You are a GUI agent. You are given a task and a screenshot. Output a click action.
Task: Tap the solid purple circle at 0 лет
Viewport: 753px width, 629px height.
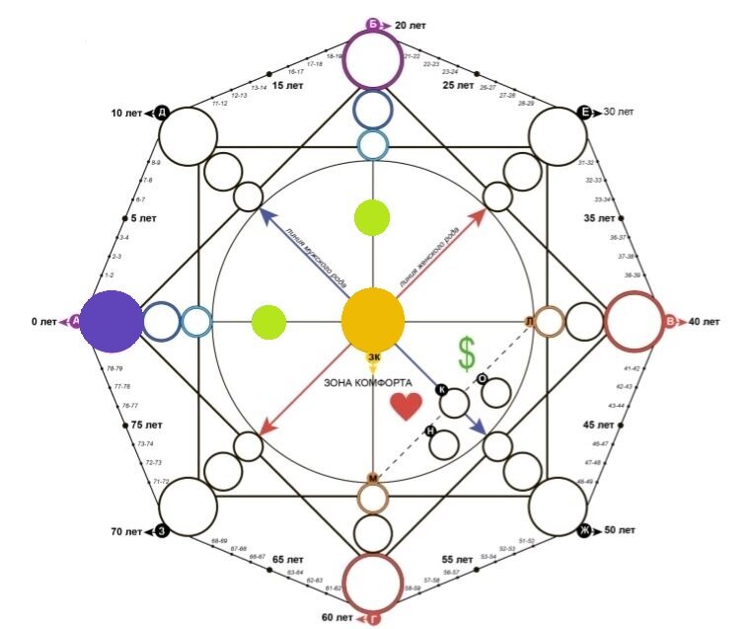[111, 322]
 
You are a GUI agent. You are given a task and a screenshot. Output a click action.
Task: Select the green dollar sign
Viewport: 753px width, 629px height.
[466, 353]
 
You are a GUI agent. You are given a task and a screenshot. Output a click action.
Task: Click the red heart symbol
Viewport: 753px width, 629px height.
[406, 406]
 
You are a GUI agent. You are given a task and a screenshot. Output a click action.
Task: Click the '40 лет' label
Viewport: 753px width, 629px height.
[706, 322]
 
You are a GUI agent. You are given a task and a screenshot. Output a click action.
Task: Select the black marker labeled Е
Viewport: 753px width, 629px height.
[584, 113]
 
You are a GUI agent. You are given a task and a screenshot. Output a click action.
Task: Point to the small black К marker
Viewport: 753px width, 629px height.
[441, 390]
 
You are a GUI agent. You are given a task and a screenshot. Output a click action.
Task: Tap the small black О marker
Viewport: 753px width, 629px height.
[481, 378]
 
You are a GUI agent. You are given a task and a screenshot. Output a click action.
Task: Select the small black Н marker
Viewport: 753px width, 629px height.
[430, 431]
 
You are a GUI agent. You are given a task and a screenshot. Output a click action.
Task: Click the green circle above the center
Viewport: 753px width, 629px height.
[372, 217]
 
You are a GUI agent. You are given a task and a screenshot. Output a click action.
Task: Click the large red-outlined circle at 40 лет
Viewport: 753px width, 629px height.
[634, 322]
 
